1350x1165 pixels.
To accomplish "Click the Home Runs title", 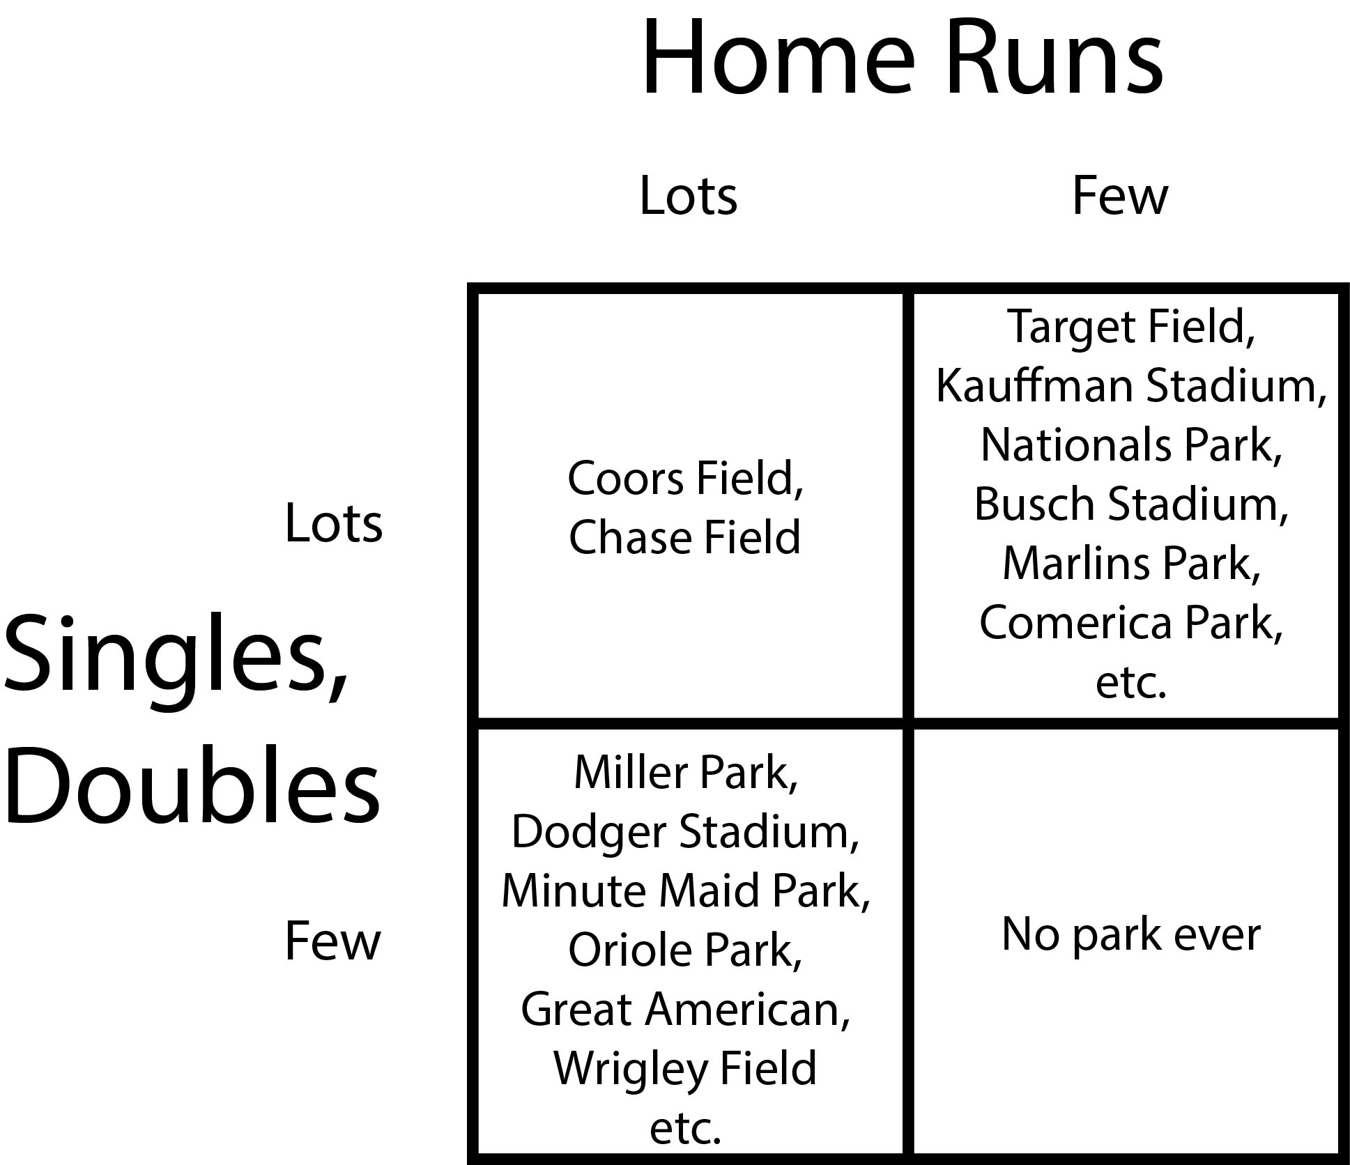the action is click(902, 56).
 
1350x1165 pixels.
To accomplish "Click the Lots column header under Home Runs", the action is click(688, 196).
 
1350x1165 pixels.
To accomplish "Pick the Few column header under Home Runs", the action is click(1119, 196).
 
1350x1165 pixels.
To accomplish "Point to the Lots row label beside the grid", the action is click(334, 523).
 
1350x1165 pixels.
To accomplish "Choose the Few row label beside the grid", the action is click(332, 941).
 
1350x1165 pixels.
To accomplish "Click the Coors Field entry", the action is click(685, 479).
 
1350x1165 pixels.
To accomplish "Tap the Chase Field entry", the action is click(684, 537).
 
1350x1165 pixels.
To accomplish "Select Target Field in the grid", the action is click(1130, 327).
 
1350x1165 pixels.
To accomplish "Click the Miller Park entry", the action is click(686, 773).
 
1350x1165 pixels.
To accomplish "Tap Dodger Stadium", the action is click(686, 832).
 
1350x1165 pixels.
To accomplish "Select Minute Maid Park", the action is click(686, 891).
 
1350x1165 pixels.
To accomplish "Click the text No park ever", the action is click(1130, 934).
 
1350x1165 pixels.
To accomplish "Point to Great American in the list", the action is click(686, 1010).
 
